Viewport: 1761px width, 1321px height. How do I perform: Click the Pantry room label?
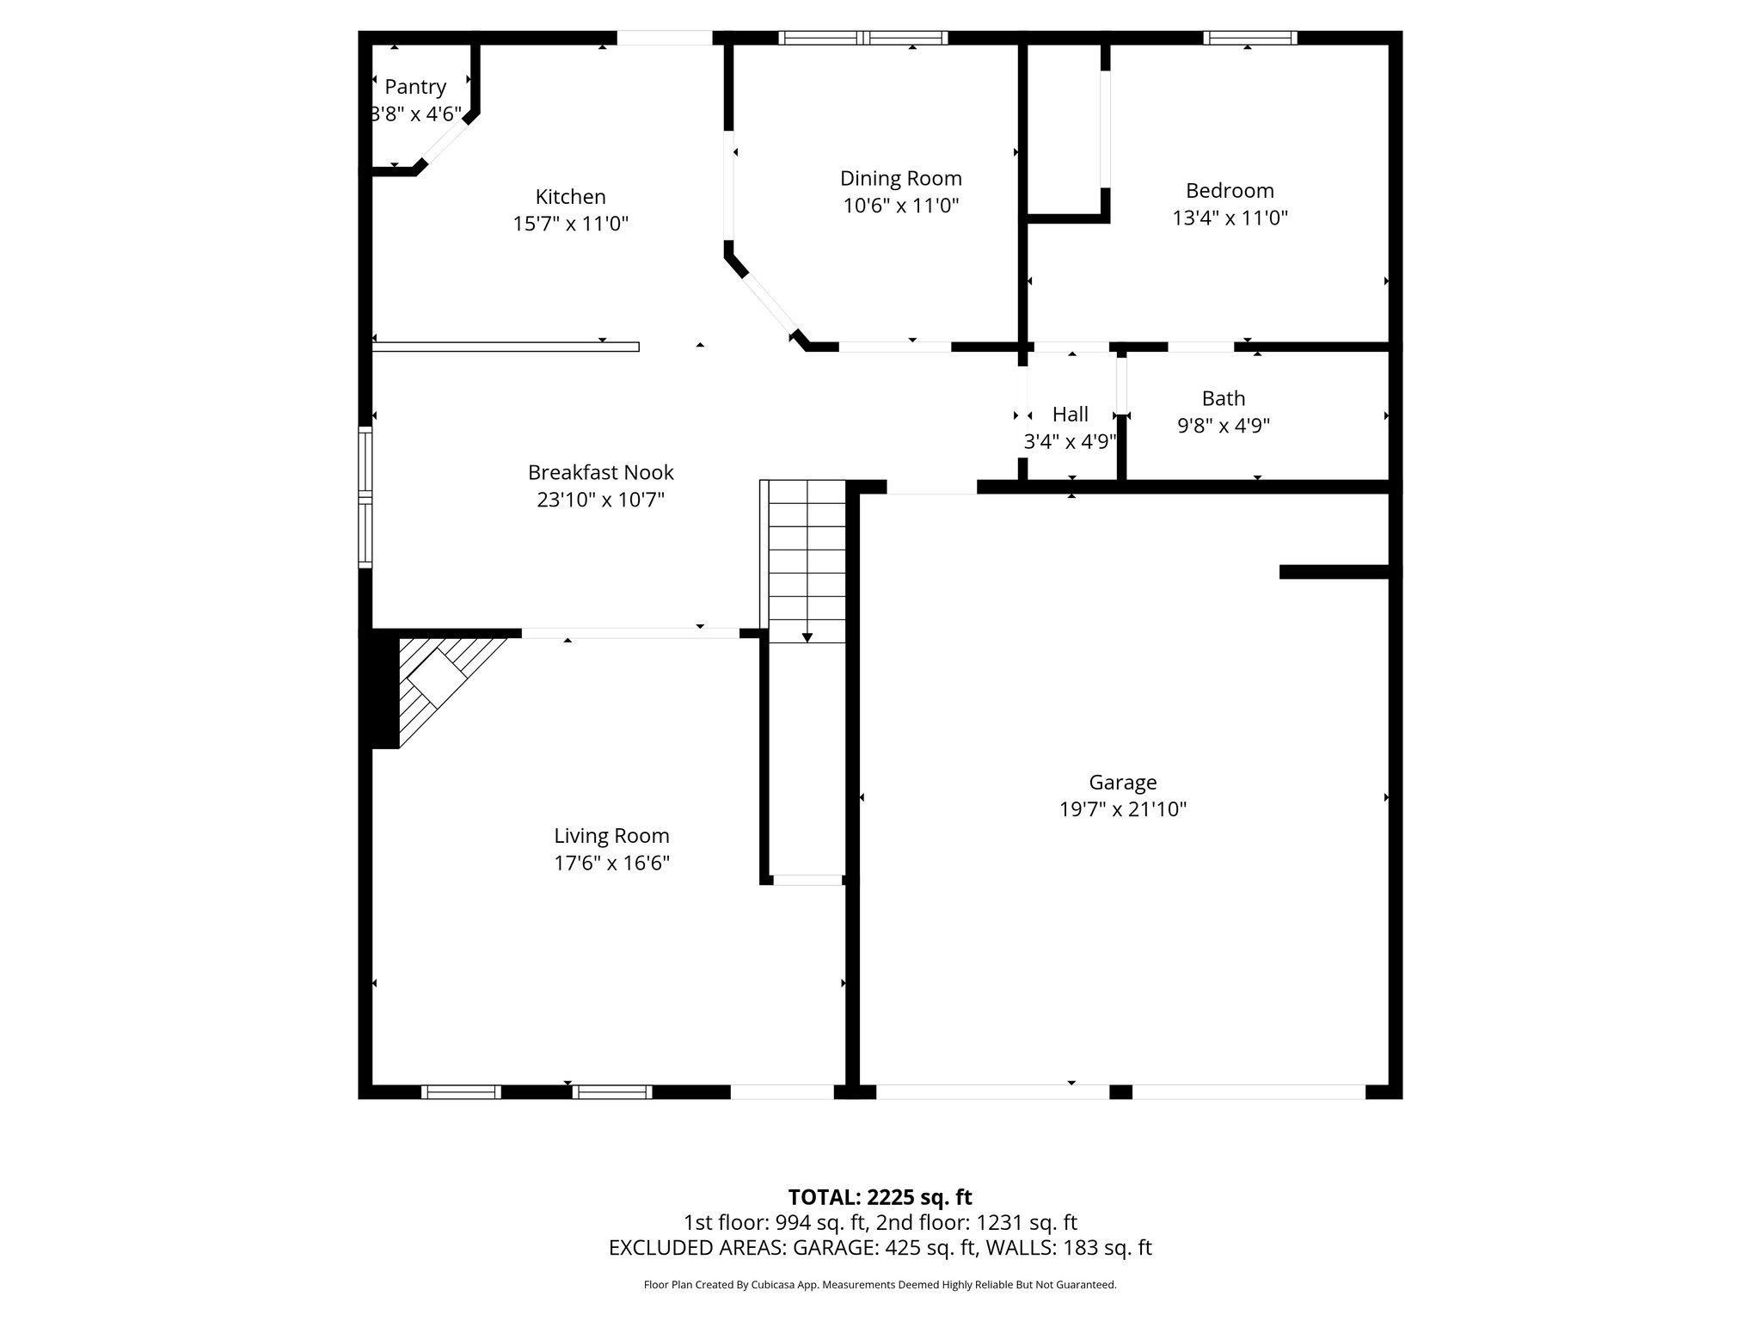point(415,87)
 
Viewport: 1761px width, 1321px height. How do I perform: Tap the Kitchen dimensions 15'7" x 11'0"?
point(570,224)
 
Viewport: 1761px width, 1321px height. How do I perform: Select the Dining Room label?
point(900,178)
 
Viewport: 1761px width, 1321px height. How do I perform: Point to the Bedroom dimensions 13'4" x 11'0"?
point(1230,218)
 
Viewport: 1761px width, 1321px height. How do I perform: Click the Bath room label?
point(1223,398)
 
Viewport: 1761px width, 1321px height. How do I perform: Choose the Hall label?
point(1070,415)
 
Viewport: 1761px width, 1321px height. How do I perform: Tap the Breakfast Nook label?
point(600,472)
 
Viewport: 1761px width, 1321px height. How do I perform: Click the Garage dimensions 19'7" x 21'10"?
point(1122,809)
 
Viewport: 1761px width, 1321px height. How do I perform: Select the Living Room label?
point(611,835)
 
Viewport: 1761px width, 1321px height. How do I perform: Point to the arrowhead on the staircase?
point(807,637)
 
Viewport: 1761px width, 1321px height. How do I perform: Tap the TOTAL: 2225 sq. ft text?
point(880,1197)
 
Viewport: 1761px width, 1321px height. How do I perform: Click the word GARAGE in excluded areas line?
point(836,1248)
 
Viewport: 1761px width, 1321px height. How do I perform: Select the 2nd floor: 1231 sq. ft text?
point(976,1223)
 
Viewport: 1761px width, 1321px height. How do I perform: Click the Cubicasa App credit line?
point(880,1285)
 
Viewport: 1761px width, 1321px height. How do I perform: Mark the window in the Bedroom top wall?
point(1249,38)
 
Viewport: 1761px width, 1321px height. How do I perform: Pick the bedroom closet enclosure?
point(1065,129)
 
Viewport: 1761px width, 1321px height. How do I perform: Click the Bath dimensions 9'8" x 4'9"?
point(1223,426)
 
